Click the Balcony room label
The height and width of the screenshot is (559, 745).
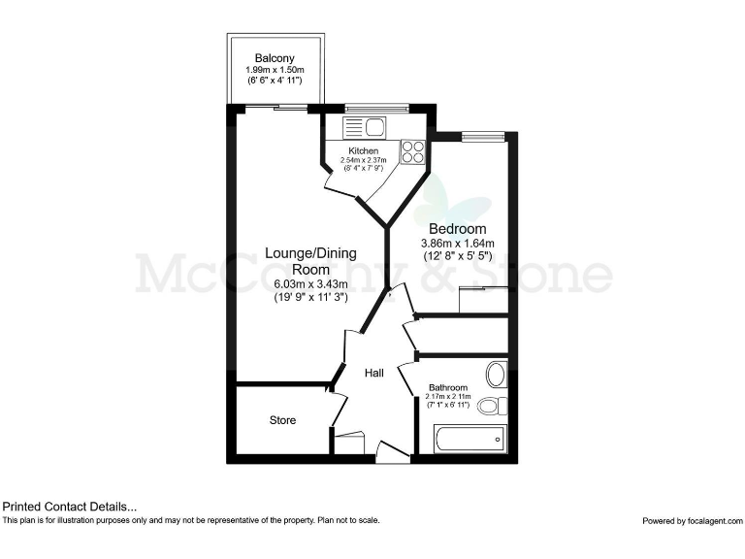click(x=275, y=57)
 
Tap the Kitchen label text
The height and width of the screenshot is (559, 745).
click(x=364, y=151)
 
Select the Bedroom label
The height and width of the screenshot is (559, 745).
click(x=457, y=229)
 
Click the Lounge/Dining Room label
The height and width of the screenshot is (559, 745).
click(x=310, y=261)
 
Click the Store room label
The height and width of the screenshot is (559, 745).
click(x=282, y=420)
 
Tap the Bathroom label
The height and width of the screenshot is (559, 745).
click(x=448, y=388)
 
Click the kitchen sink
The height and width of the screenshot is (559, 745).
click(x=364, y=125)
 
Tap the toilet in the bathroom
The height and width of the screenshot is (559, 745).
click(x=492, y=405)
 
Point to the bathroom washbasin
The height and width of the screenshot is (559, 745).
click(x=497, y=375)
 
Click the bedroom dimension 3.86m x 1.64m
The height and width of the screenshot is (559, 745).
click(x=457, y=244)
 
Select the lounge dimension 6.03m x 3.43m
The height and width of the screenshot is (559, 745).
click(x=310, y=283)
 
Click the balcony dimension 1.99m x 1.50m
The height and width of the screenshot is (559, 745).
click(x=275, y=71)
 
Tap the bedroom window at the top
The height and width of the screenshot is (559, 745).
click(x=482, y=137)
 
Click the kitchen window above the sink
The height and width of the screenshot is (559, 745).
click(x=365, y=109)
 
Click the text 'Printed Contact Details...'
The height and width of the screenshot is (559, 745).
click(x=70, y=506)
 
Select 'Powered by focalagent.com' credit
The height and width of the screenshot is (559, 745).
click(x=692, y=521)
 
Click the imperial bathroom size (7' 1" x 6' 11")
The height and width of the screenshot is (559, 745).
click(x=448, y=404)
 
